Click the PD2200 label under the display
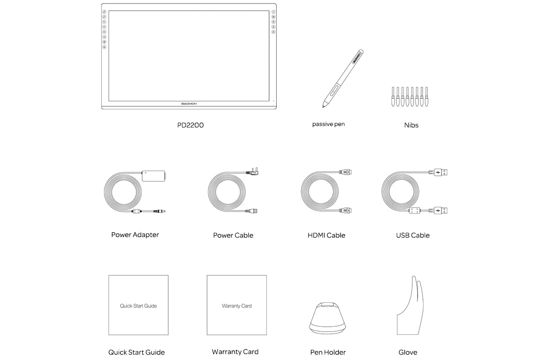coord(190,125)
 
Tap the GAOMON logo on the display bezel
coord(189,103)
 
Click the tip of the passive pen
coord(323,106)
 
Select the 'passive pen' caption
coord(328,124)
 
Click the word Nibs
coord(411,125)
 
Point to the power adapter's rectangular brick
coord(153,175)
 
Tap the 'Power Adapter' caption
coord(135,234)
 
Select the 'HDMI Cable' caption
coord(327,235)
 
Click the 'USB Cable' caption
coord(413,235)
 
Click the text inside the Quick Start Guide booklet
coord(138,306)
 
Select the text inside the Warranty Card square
coord(237,306)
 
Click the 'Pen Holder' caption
coord(328,352)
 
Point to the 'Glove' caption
coord(408,352)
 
